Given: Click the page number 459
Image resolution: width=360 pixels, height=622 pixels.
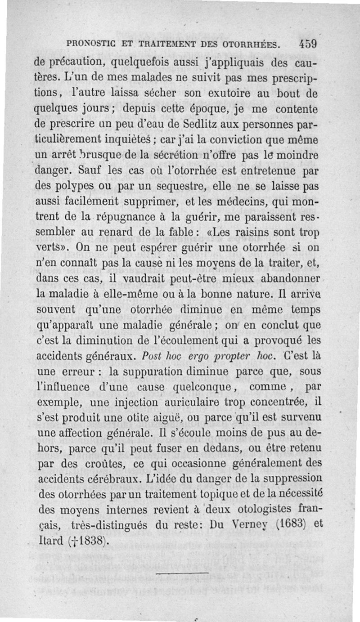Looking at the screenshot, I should pos(308,44).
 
